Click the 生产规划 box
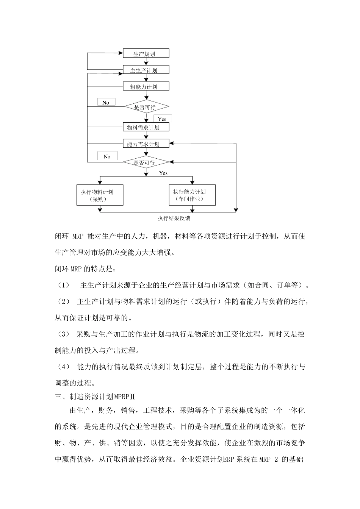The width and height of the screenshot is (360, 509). coord(146,53)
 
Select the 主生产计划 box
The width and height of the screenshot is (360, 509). coord(146,70)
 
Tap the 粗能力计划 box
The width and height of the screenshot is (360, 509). coord(146,87)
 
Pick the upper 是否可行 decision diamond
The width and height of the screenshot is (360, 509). coord(146,107)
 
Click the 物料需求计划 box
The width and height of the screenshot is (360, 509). coord(146,127)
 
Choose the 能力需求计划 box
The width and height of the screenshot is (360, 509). coord(146,144)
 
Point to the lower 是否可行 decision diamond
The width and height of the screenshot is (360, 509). coord(146,162)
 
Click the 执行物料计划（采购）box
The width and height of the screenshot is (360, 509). coord(100,195)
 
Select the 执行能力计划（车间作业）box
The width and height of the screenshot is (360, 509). coord(192,195)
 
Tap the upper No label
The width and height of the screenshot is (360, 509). coord(106,103)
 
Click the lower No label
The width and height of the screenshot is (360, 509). coord(107,156)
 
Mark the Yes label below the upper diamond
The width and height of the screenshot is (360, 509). coord(162,119)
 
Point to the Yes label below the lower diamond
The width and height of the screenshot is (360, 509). coord(163,173)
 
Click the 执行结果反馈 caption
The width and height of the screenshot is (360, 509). coord(174,219)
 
